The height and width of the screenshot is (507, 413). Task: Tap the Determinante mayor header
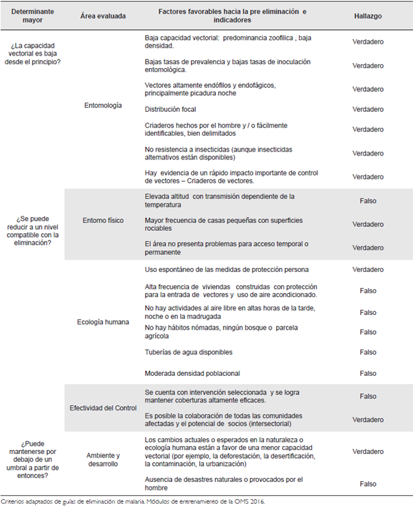(x=32, y=15)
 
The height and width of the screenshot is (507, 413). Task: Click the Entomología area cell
(x=103, y=106)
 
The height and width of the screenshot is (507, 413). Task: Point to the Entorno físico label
(x=103, y=220)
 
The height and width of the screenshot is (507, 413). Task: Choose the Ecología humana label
(x=103, y=322)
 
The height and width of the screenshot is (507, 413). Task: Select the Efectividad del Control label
(x=103, y=408)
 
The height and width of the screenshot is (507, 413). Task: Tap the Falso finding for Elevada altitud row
(x=368, y=201)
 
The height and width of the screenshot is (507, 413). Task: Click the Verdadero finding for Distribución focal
(x=368, y=109)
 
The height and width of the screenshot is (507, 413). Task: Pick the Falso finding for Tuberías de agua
(x=368, y=351)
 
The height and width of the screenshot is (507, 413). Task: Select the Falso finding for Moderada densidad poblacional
(x=368, y=373)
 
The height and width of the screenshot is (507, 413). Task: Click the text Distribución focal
(x=171, y=109)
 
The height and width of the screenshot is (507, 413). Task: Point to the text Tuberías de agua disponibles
(x=189, y=351)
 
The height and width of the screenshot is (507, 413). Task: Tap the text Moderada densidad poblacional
(x=192, y=373)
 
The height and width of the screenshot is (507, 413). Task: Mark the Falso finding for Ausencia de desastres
(x=368, y=484)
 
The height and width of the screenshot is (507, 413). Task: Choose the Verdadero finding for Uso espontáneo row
(x=368, y=269)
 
